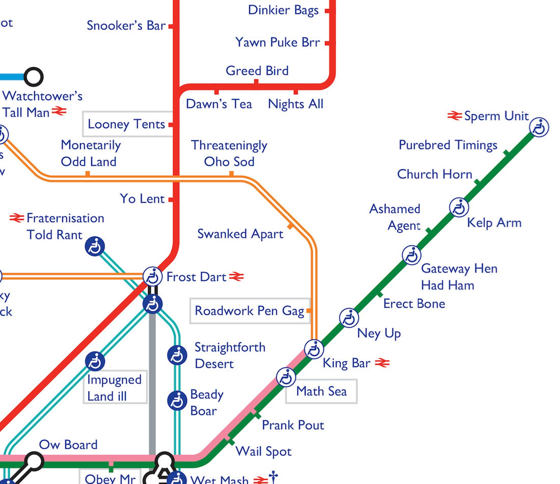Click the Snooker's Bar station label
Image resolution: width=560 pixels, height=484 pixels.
[126, 26]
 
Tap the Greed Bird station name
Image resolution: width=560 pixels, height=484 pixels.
[257, 71]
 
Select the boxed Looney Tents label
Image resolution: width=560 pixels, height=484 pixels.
[126, 124]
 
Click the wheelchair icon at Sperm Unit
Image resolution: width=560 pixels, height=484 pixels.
[539, 127]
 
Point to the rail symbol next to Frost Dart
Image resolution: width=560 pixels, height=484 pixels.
[236, 277]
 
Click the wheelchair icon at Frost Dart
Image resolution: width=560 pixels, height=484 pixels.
[152, 276]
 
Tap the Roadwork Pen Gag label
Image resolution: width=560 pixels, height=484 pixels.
[249, 311]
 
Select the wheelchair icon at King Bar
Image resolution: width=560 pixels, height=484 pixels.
[314, 349]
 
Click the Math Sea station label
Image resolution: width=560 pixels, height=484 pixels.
[321, 391]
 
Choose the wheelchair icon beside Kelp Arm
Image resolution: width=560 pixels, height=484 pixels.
[459, 207]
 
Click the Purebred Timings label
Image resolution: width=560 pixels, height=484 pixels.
[448, 145]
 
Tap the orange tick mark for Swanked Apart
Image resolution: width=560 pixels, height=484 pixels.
[290, 226]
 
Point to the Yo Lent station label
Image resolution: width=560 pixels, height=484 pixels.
[142, 198]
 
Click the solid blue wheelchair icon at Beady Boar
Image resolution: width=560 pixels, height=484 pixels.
[177, 400]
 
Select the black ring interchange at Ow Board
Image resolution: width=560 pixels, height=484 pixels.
[34, 461]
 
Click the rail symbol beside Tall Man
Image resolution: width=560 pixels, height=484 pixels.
[59, 112]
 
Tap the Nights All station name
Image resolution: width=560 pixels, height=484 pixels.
[296, 104]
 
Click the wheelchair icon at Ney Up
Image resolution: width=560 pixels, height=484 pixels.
[349, 318]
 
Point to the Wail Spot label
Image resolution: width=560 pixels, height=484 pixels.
[263, 451]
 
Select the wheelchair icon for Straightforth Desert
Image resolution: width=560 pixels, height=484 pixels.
[177, 355]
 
